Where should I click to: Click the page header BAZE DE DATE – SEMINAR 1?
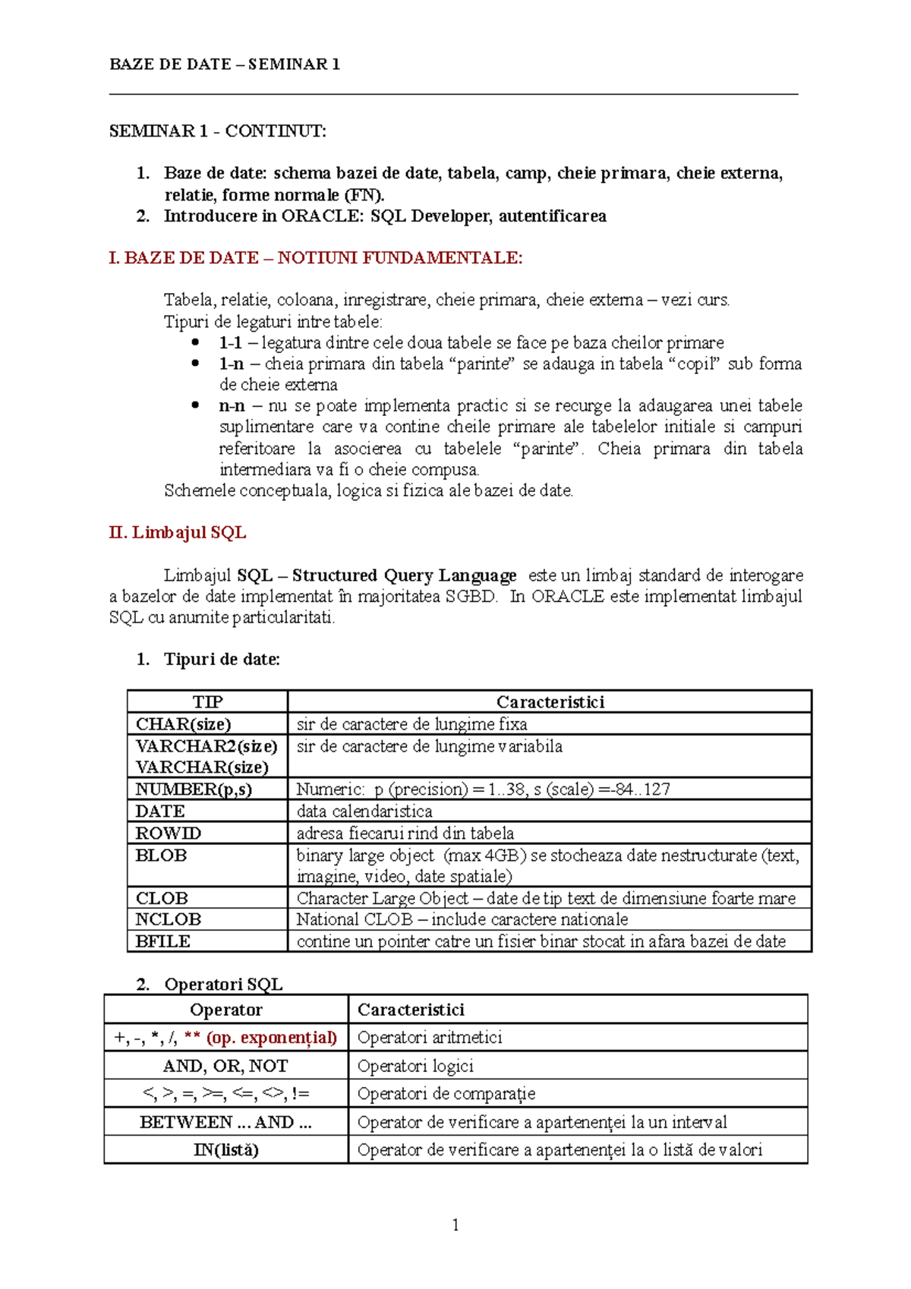point(225,65)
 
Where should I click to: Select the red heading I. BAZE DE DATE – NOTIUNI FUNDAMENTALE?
point(315,258)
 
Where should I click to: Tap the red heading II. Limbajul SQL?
point(177,532)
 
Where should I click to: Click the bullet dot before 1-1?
point(196,342)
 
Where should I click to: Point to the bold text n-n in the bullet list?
point(232,406)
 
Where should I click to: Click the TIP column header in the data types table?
point(207,701)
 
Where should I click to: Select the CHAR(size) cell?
point(183,723)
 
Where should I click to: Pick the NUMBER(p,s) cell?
point(194,789)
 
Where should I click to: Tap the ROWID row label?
point(168,833)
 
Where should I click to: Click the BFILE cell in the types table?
point(162,941)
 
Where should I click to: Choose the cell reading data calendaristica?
point(364,811)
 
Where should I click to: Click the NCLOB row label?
point(168,919)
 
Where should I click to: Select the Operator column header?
point(225,1010)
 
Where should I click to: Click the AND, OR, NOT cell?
point(225,1066)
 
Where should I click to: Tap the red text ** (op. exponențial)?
point(260,1038)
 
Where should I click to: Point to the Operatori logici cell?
point(415,1066)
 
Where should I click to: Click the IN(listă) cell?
point(225,1150)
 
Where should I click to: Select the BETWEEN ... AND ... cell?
point(225,1122)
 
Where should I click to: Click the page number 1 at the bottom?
point(455,1224)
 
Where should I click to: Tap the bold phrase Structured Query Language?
point(404,575)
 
